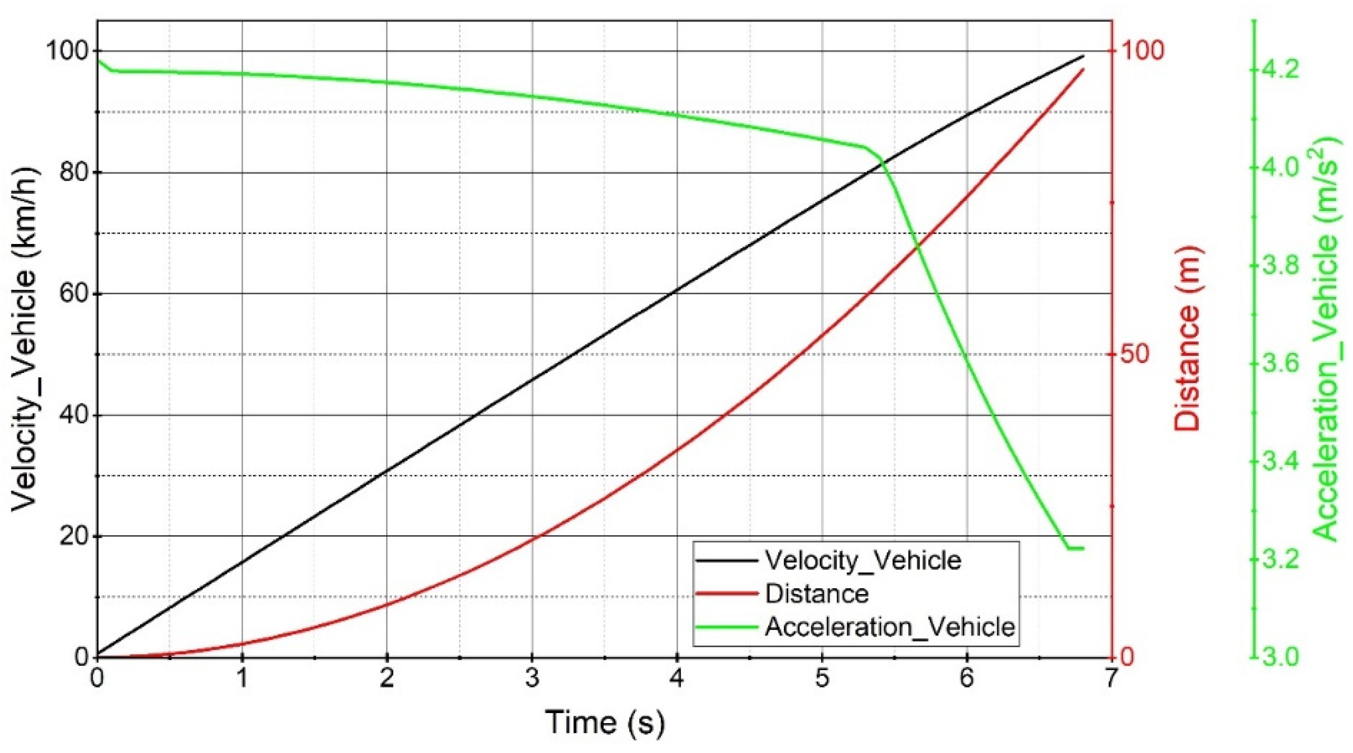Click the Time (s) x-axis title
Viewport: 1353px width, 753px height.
(x=605, y=722)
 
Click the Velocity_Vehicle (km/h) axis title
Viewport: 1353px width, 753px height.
(x=25, y=342)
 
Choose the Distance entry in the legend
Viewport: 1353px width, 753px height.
(x=817, y=593)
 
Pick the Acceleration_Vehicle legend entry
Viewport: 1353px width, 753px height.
(x=890, y=627)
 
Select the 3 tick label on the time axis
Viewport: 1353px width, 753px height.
(x=532, y=678)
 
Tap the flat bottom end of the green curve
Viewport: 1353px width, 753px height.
(x=1075, y=548)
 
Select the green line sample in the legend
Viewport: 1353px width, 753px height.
(x=727, y=627)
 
